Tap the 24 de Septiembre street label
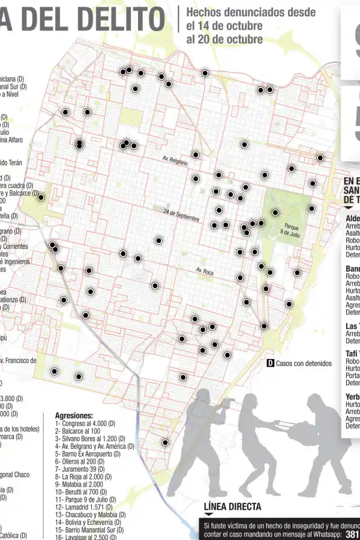point(181,214)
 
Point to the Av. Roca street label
point(204,272)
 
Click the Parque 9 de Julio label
point(292,230)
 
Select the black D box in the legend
point(270,364)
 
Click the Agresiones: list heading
point(74,415)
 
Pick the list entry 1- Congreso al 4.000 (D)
point(85,424)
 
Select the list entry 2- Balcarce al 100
point(77,431)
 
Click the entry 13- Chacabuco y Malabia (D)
point(90,515)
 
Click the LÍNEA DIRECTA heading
point(232,507)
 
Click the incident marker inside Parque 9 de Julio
point(275,212)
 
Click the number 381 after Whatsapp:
point(353,533)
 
